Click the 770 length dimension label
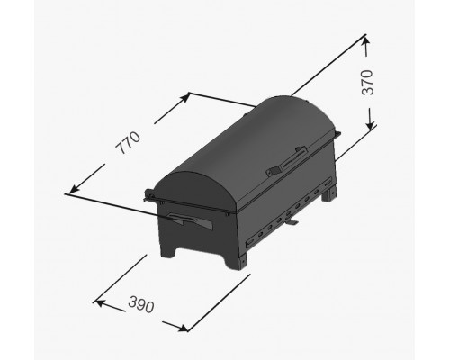point(128,143)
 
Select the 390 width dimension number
point(141,304)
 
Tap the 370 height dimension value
point(367,83)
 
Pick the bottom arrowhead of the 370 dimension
point(371,123)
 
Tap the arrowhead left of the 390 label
point(100,302)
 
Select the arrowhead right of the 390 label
point(182,328)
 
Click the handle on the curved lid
point(287,161)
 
